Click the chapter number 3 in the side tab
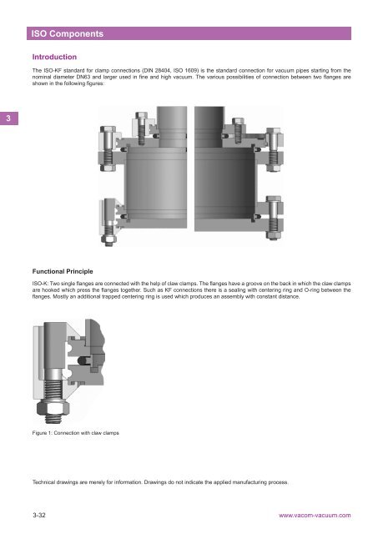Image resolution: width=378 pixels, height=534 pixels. click(7, 119)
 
